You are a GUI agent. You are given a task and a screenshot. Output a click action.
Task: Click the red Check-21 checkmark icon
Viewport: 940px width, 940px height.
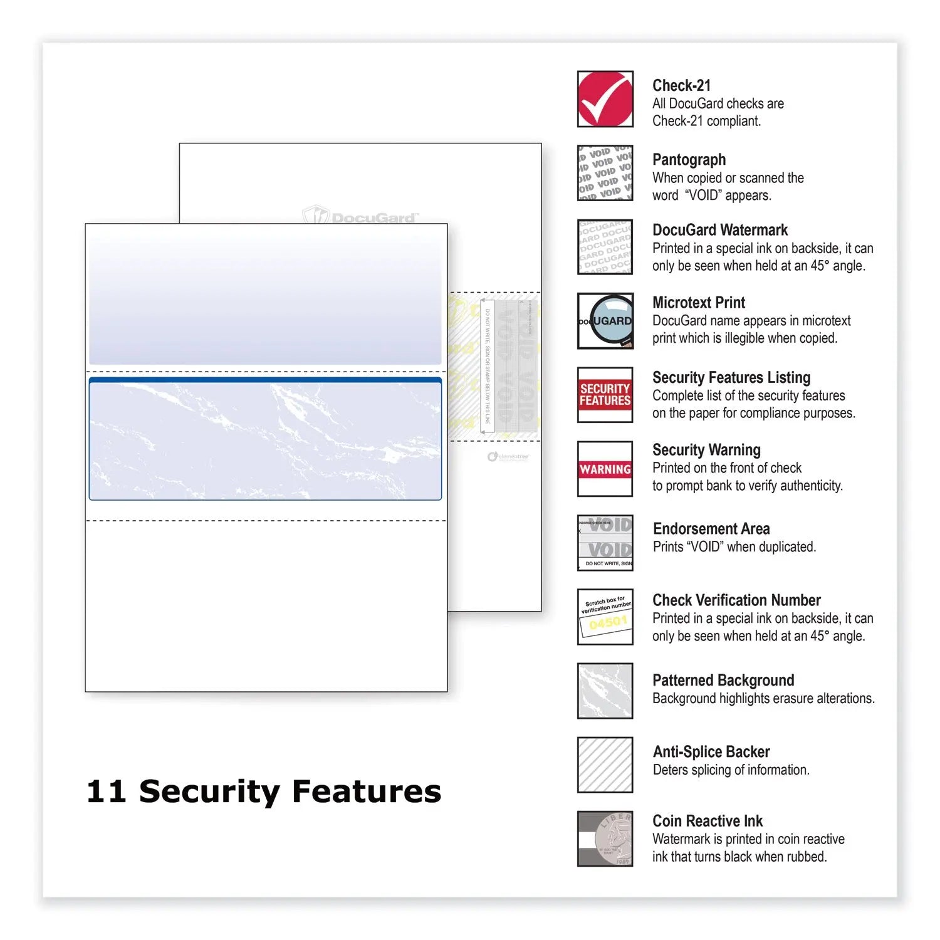[x=605, y=99]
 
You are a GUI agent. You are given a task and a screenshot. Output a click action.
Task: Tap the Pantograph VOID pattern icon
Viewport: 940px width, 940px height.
[x=605, y=173]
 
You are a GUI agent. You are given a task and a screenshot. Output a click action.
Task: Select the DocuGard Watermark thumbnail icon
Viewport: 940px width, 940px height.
[x=605, y=247]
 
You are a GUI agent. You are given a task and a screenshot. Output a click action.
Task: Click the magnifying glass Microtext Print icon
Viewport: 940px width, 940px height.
[x=605, y=321]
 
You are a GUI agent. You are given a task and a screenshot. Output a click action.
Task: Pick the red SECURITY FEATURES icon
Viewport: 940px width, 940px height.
[x=605, y=395]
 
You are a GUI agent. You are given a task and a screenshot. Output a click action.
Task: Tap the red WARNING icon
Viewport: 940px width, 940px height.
[x=605, y=469]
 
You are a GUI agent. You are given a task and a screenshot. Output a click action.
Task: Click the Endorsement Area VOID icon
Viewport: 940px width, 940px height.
[x=605, y=543]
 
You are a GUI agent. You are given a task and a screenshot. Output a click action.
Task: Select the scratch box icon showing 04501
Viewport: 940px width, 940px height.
[x=605, y=617]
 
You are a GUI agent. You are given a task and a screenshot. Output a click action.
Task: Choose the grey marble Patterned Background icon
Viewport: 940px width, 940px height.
[x=605, y=691]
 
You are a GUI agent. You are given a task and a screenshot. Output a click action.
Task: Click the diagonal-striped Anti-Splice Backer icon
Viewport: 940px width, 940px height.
[x=605, y=765]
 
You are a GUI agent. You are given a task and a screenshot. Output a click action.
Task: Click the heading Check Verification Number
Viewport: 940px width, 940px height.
[x=736, y=600]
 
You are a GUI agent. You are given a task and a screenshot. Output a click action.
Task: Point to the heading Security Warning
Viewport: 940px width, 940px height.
[x=706, y=450]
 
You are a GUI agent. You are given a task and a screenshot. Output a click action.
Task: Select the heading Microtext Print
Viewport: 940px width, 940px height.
[x=699, y=303]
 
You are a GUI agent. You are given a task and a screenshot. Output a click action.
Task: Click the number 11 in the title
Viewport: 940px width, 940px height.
[x=106, y=791]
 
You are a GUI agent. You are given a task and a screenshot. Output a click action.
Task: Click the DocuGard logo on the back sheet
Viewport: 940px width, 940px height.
[x=360, y=217]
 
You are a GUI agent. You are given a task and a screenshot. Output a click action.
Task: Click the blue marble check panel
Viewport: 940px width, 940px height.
[x=265, y=442]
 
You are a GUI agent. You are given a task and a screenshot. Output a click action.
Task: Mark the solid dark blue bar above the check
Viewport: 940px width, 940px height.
[x=265, y=380]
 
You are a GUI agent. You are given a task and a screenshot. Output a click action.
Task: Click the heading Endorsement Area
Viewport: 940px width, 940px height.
[x=711, y=529]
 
